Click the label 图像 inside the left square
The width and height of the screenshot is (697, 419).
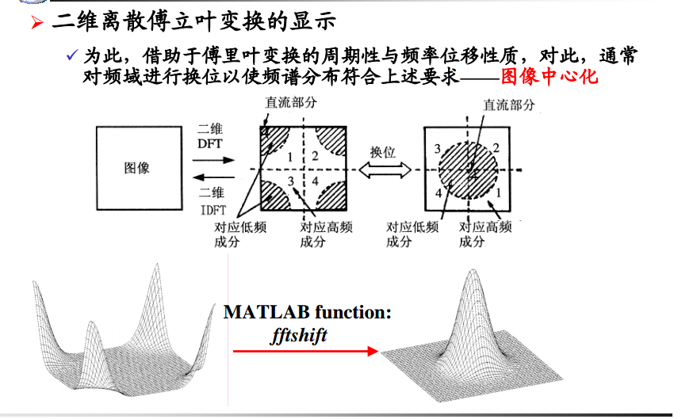click(136, 168)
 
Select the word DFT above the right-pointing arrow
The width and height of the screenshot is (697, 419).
click(211, 143)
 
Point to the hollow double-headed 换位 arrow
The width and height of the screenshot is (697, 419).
click(385, 170)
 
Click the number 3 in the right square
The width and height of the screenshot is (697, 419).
click(438, 149)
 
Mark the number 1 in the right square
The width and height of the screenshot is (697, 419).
click(498, 192)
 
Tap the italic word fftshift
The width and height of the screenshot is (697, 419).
click(299, 334)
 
